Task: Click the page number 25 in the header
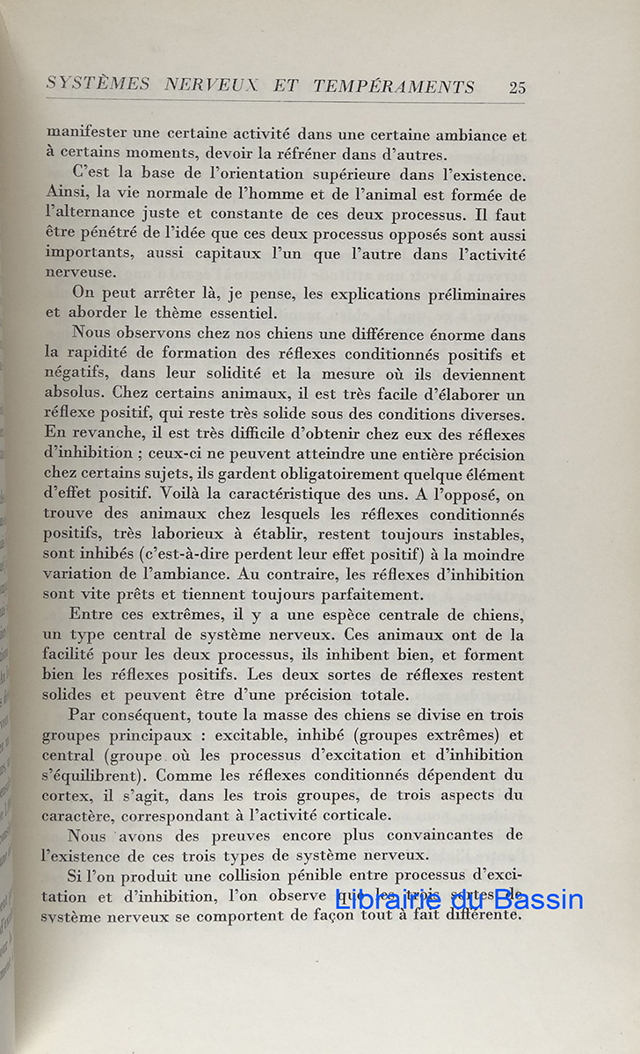pos(517,87)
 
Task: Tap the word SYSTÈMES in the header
pos(98,84)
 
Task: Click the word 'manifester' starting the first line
pos(87,135)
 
